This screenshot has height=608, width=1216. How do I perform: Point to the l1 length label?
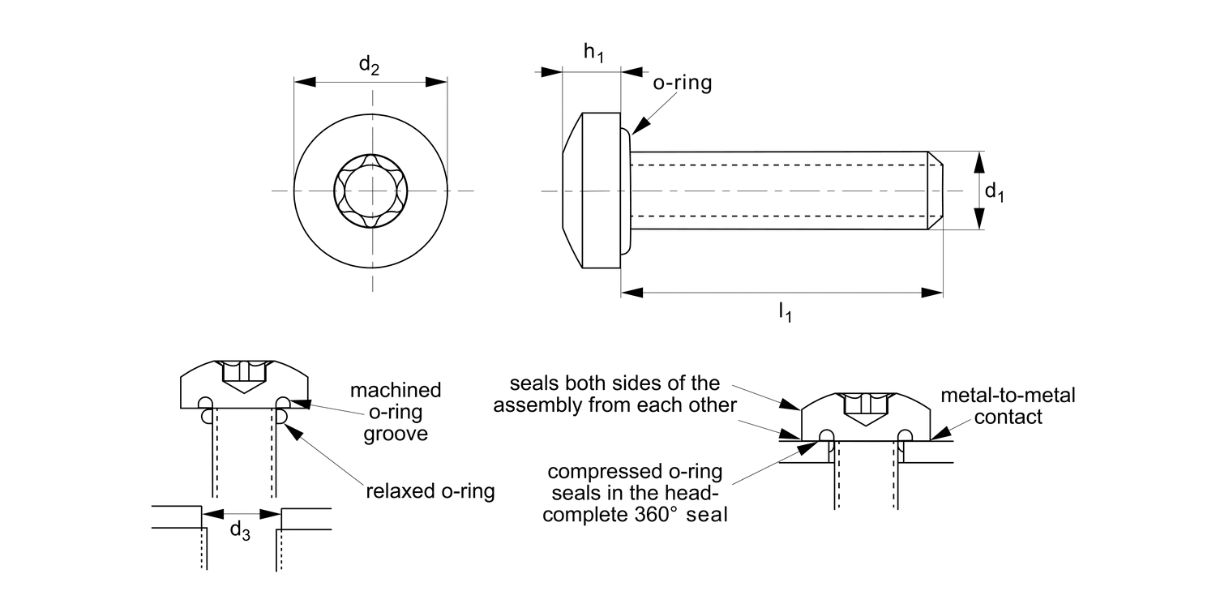coord(785,310)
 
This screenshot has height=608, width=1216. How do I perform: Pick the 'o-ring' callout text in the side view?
coord(682,83)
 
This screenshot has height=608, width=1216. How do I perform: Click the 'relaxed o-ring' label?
coord(430,491)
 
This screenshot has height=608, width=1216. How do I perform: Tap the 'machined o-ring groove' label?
coord(396,412)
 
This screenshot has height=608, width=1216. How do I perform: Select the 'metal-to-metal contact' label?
coord(1008,406)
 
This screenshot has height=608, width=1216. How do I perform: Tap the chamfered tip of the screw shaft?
coord(935,191)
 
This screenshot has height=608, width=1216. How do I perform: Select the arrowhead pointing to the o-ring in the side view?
coord(639,126)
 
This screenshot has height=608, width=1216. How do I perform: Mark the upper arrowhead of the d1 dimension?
coord(978,161)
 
